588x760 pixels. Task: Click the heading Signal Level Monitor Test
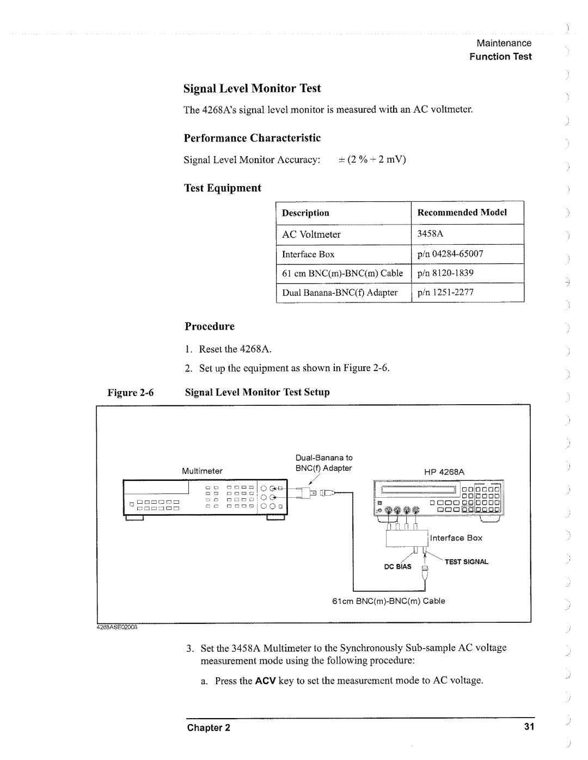(252, 89)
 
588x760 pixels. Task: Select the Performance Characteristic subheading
(252, 138)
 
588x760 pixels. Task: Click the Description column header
(305, 213)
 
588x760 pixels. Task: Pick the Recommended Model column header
(462, 212)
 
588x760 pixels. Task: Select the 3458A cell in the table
(431, 234)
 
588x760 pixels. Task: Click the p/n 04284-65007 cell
(450, 254)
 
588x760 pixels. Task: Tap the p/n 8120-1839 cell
(445, 273)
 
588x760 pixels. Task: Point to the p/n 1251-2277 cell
(445, 293)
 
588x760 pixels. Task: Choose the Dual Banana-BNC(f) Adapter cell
(339, 293)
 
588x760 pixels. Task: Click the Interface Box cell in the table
(308, 254)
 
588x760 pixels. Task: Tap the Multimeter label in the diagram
(203, 471)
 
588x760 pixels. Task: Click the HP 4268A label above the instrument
(444, 472)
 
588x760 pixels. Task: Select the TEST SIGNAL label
(467, 562)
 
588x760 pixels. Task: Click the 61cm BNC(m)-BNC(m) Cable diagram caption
(389, 601)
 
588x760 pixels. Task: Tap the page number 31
(527, 727)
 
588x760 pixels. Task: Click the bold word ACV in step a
(266, 681)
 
